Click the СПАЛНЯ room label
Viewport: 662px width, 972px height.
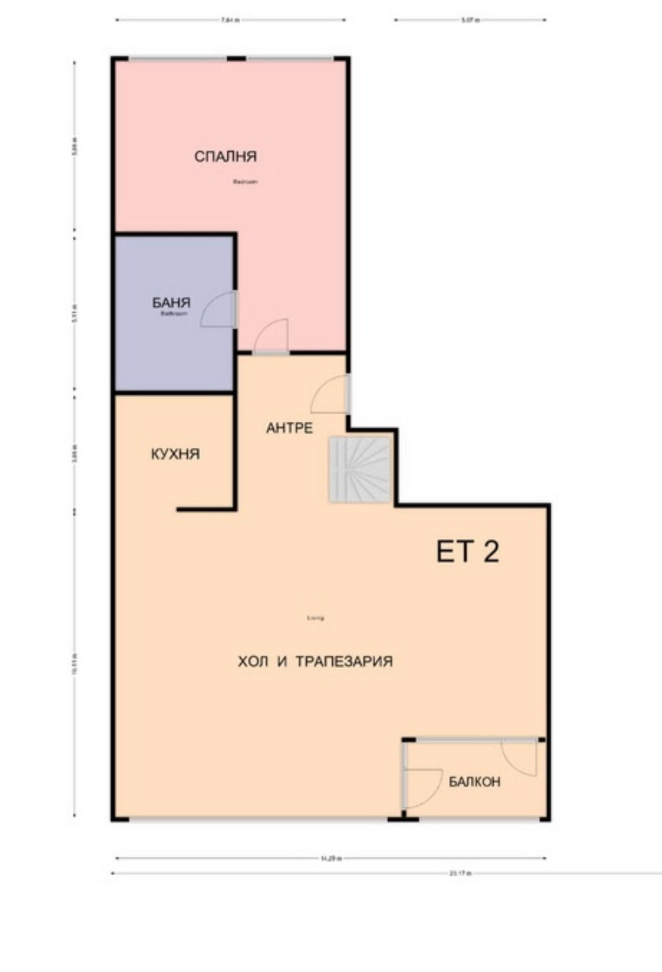225,157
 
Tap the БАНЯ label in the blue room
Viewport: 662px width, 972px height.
171,302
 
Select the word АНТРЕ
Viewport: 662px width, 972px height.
289,428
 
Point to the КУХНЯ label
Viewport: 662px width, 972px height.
175,454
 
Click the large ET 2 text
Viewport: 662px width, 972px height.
467,552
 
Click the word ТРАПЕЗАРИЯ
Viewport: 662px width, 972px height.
344,661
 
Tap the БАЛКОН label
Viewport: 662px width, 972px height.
475,781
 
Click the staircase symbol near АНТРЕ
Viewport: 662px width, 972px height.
360,470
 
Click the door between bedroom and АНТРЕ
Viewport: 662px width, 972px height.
272,338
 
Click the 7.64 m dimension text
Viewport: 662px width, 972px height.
231,21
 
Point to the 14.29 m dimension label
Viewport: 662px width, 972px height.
330,858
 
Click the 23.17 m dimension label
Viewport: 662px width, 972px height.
461,873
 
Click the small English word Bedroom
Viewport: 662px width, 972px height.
245,182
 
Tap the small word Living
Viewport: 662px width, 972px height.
315,618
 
